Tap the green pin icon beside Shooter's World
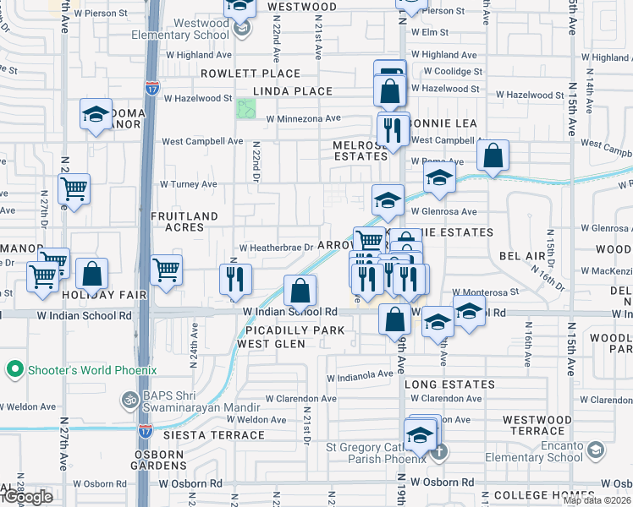13,370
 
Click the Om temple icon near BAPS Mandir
130,399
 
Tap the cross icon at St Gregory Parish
438,451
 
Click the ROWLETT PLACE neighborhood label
239,74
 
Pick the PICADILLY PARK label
290,330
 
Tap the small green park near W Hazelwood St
246,109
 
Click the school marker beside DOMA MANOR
96,115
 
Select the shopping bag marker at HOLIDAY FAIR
92,274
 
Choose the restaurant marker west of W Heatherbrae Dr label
235,279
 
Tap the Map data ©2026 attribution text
597,500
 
